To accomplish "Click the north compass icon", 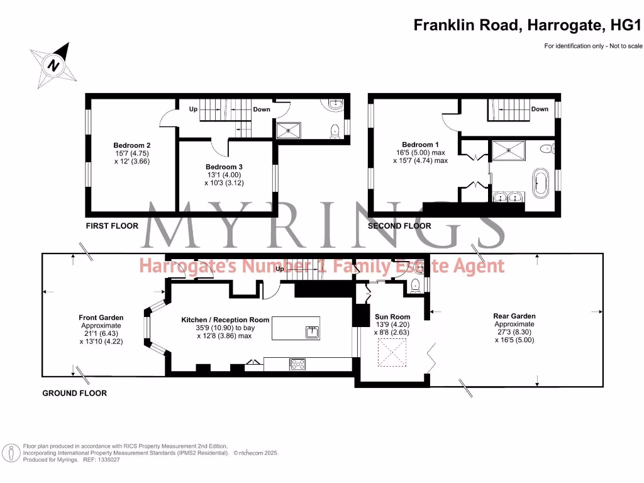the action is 55,63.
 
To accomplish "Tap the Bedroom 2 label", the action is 131,144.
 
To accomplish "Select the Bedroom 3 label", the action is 225,166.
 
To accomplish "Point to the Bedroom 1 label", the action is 418,144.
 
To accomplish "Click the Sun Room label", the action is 392,317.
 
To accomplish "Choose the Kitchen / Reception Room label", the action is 225,319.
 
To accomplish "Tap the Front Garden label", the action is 101,318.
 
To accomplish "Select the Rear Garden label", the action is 514,316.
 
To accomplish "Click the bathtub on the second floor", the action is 540,183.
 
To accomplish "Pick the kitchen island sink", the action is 312,331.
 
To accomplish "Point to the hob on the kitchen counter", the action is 297,364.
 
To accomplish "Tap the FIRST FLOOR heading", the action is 112,226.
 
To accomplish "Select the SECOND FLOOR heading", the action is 399,226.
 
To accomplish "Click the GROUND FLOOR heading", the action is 74,393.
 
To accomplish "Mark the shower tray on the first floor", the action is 291,131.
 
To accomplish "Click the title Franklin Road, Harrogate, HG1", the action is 528,25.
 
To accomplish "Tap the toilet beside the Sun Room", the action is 415,287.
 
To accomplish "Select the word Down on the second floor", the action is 540,109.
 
